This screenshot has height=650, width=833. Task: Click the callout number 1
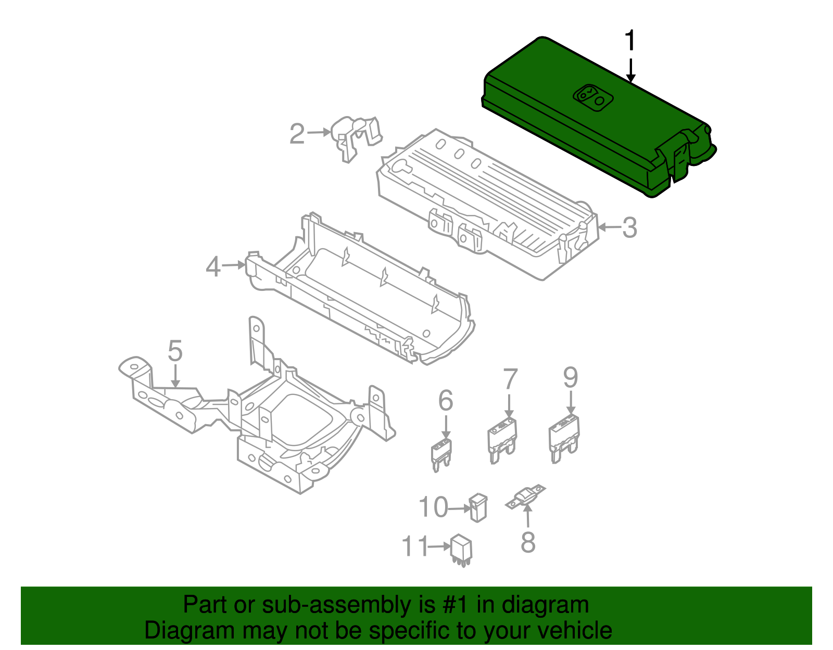coord(630,41)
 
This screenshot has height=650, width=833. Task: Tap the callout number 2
coord(297,134)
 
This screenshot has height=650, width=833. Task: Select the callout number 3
coord(629,228)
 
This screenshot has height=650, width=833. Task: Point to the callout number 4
coord(213,267)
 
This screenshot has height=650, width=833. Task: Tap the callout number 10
coord(433,507)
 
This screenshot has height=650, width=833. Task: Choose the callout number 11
coord(414,546)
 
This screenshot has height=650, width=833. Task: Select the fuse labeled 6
coord(441,454)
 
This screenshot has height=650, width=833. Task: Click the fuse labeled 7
coord(502,439)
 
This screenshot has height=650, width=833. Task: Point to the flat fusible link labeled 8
coord(526,497)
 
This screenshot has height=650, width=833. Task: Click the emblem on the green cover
coord(593,97)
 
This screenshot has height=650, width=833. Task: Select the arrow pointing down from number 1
coord(630,71)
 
